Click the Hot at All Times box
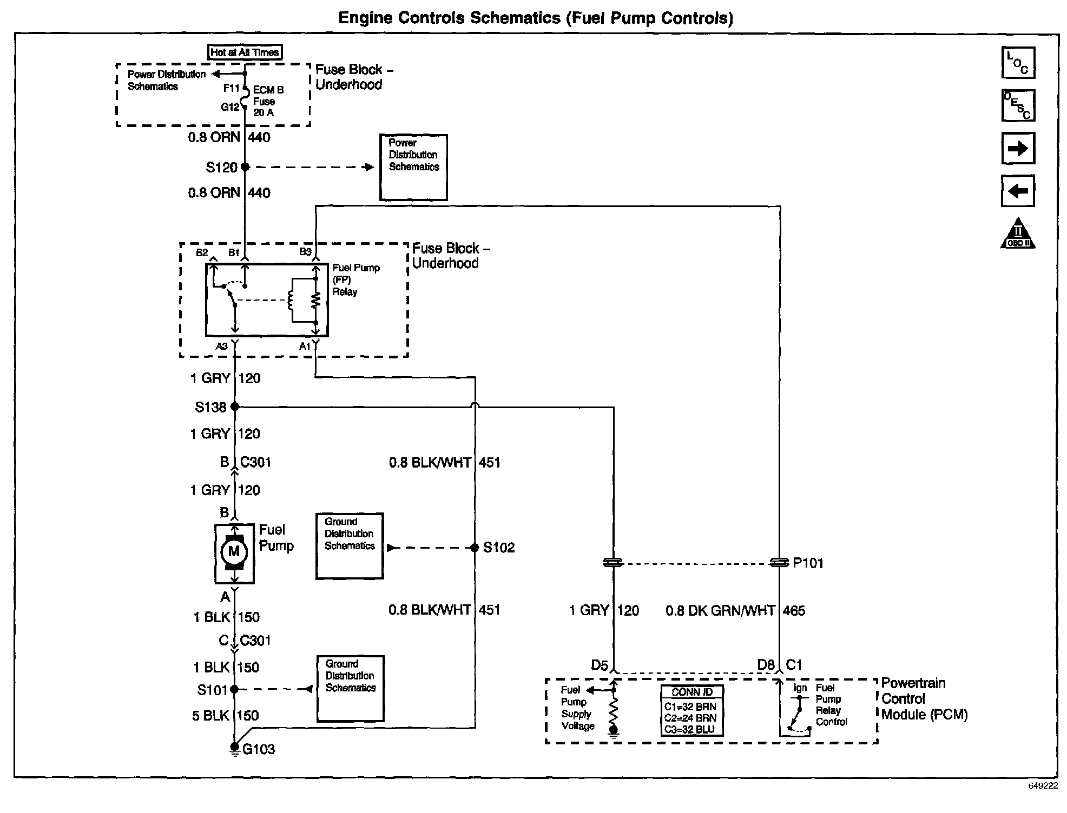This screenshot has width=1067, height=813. (245, 52)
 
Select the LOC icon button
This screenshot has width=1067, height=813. (1018, 63)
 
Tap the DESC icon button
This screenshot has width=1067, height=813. (1018, 105)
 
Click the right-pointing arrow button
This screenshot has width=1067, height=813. (1018, 148)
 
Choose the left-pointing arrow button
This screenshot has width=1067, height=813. (1018, 191)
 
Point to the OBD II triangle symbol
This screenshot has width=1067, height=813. (1018, 233)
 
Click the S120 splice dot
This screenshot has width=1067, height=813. (245, 167)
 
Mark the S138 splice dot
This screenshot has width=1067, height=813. (235, 406)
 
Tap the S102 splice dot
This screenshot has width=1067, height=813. (475, 548)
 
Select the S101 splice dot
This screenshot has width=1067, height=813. (234, 689)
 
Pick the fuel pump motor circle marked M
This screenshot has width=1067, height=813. (234, 551)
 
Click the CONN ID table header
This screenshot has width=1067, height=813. (692, 692)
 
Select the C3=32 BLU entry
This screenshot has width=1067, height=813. (690, 729)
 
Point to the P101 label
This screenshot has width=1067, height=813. (808, 563)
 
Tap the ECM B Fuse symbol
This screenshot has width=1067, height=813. (245, 96)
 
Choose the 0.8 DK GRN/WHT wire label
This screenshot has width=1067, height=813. (720, 611)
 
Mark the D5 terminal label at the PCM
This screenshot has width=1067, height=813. (600, 665)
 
